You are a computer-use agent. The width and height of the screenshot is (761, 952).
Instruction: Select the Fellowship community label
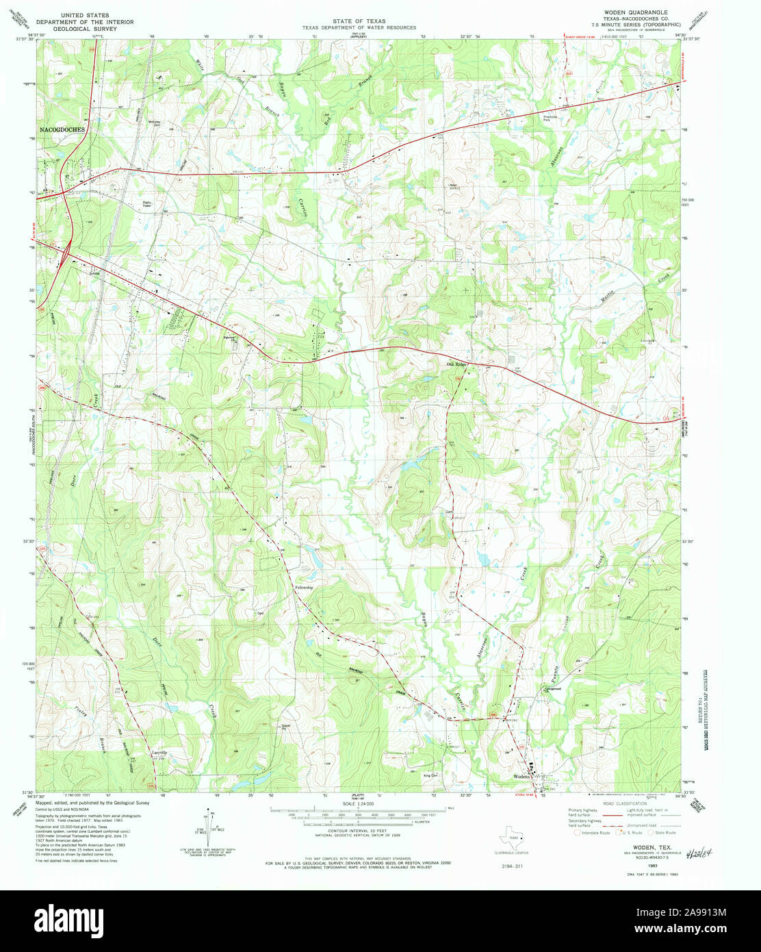point(304,588)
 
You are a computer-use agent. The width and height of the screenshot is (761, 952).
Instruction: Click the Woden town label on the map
point(523,777)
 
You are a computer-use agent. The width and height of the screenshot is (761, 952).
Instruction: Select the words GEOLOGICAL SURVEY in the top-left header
point(88,29)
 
